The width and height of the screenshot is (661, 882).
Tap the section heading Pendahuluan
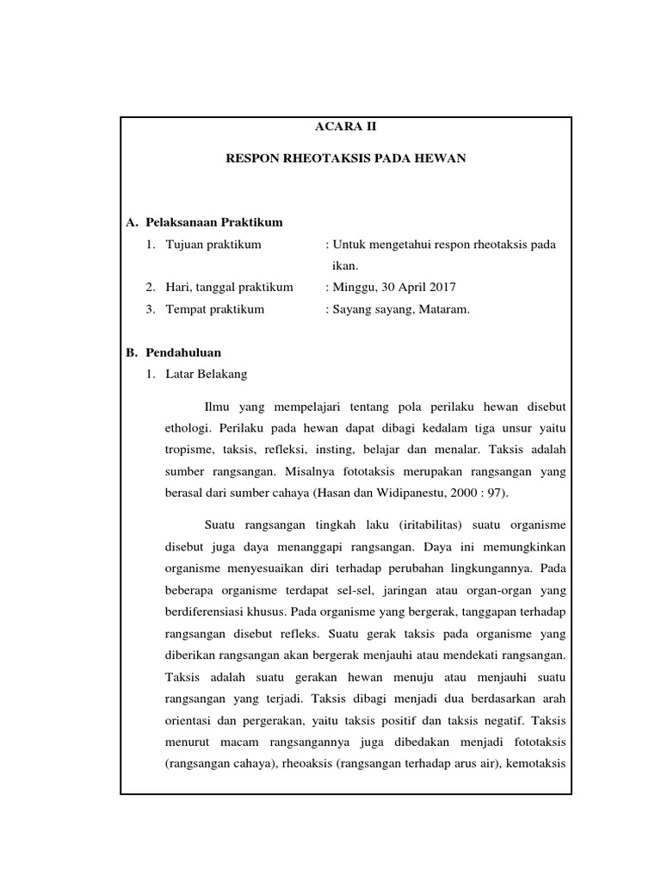tap(183, 352)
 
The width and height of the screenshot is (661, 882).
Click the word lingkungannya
tap(493, 568)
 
